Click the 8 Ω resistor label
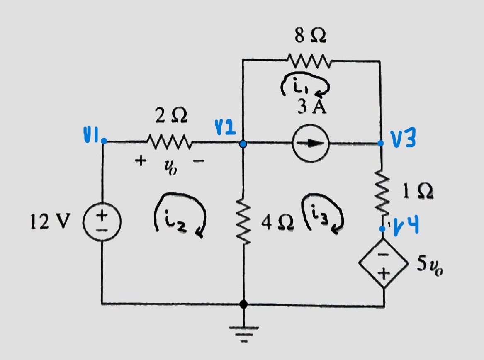pos(310,36)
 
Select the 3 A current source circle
pos(311,143)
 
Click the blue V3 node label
pos(403,140)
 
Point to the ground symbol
pos(243,332)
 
